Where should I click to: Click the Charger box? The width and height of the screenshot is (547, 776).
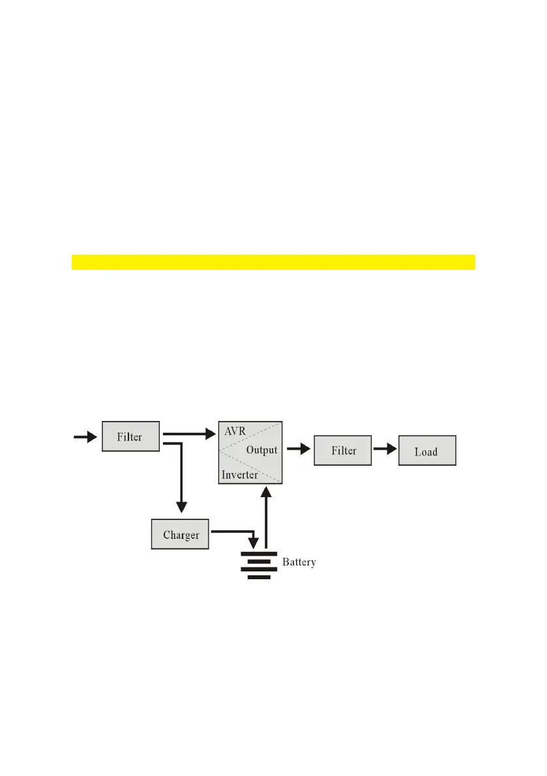(181, 534)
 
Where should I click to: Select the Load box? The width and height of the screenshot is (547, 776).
(426, 451)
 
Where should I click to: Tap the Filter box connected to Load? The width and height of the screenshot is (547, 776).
(343, 451)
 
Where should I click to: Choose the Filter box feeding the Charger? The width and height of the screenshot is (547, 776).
(130, 437)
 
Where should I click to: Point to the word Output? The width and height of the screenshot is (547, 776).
(261, 450)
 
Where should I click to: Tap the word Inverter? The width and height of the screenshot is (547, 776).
(239, 475)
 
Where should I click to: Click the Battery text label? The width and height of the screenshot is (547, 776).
(299, 562)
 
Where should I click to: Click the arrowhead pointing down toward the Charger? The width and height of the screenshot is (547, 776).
(181, 506)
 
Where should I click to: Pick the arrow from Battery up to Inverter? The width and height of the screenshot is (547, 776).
(265, 515)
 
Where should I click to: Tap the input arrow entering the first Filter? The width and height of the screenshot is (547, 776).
(85, 437)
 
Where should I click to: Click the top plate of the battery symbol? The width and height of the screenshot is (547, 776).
(259, 553)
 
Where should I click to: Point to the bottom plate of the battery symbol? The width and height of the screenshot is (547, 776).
(259, 577)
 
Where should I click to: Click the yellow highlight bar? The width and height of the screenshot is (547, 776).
(273, 262)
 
